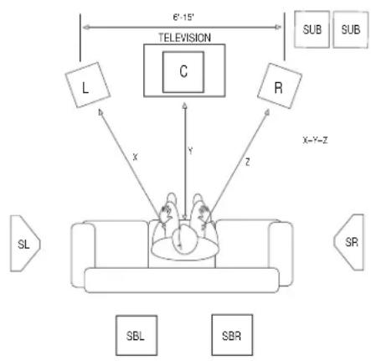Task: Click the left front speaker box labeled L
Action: point(88,85)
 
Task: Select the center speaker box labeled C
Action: point(183,72)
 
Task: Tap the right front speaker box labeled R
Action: point(280,85)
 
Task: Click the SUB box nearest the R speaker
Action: point(312,29)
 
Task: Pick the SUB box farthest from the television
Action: point(351,29)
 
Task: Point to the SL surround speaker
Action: point(25,244)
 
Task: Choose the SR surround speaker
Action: point(349,242)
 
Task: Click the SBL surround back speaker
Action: point(137,335)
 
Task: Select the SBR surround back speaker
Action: point(232,335)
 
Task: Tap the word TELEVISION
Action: point(184,38)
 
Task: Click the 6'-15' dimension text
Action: point(183,18)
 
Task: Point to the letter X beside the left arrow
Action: point(136,157)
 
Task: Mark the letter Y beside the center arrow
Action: point(190,152)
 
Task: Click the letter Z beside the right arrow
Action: point(248,162)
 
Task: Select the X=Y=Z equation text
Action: point(315,140)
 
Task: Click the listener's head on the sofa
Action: point(184,240)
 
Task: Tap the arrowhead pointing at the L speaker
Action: point(100,112)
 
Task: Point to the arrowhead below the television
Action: point(184,106)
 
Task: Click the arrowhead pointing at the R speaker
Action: point(267,112)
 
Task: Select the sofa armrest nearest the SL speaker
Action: point(83,255)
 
